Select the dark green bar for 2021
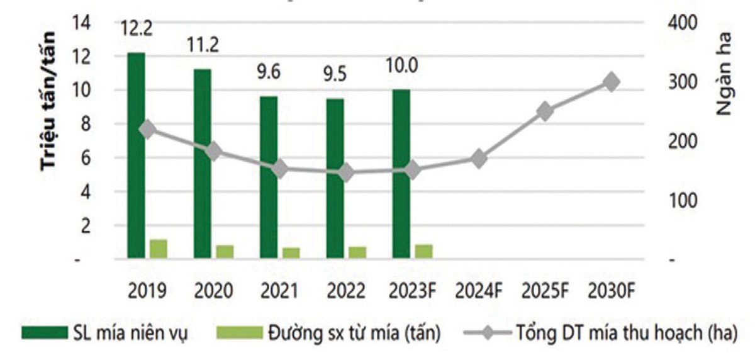point(269,177)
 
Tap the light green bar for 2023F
point(423,251)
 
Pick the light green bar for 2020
point(225,252)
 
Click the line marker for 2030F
point(611,82)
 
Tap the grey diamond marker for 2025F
point(545,111)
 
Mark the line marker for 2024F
point(479,159)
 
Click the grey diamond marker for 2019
point(147,129)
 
